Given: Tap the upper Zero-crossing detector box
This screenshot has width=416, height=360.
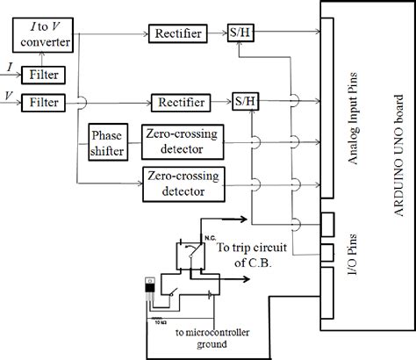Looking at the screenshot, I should [x=182, y=141].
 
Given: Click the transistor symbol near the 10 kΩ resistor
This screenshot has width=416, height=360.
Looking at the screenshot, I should [x=152, y=291].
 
